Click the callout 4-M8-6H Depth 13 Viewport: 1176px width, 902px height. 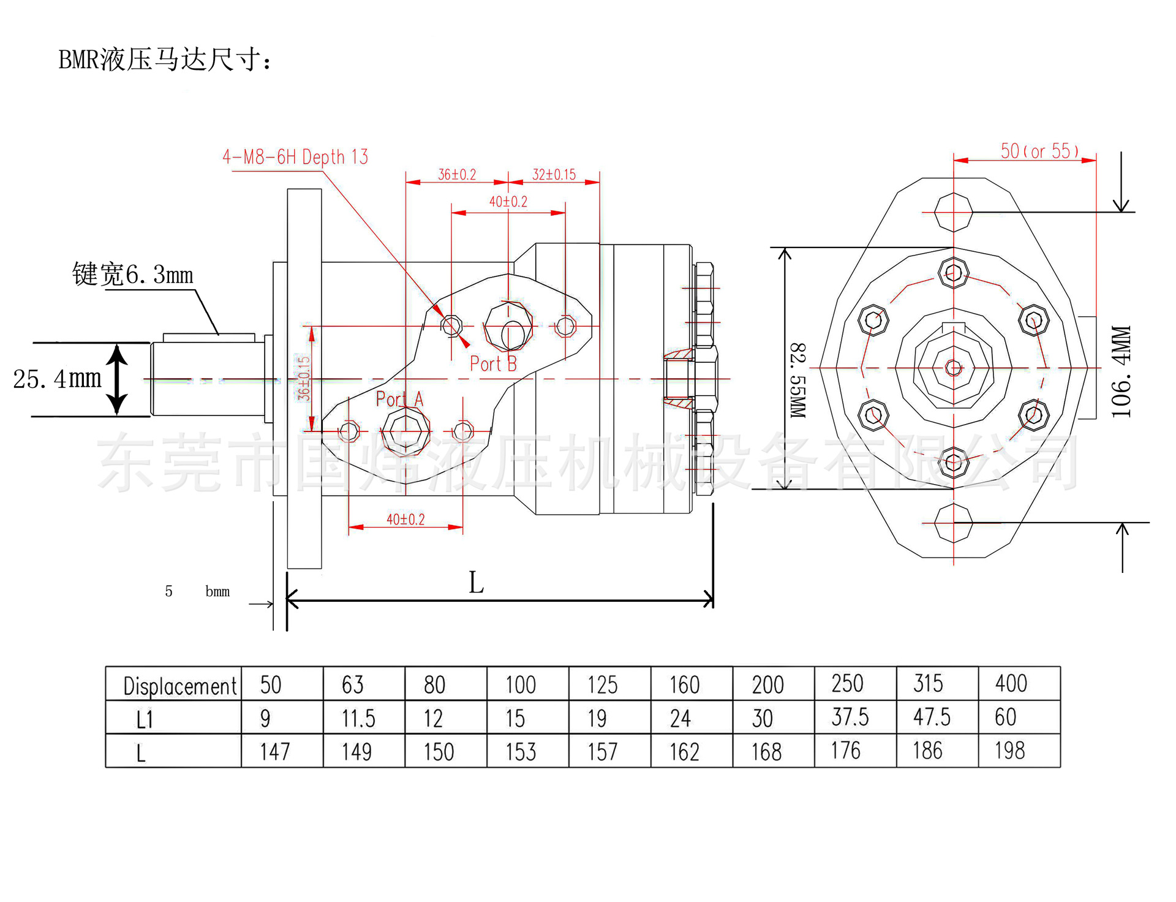[x=295, y=157]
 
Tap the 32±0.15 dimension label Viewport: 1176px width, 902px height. [x=554, y=175]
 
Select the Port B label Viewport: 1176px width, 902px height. [x=493, y=364]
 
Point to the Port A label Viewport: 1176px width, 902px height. [x=399, y=400]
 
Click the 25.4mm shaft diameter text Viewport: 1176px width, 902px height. [x=57, y=379]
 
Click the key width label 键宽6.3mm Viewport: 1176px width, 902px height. [x=132, y=275]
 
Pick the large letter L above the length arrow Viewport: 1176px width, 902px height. [x=476, y=583]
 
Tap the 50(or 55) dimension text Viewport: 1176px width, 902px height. [x=1039, y=151]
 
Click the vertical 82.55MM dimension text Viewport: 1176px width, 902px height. [x=797, y=381]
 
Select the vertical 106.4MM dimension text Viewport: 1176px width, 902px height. [x=1121, y=372]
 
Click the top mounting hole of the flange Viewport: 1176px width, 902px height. [x=954, y=212]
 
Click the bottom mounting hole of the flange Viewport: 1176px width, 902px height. [x=954, y=523]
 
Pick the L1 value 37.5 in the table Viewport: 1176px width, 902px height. [x=850, y=717]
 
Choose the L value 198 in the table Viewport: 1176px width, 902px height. [x=1009, y=751]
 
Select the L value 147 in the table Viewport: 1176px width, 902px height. [x=274, y=752]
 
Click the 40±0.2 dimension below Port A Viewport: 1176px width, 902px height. [x=405, y=520]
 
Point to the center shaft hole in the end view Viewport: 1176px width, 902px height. [x=954, y=368]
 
